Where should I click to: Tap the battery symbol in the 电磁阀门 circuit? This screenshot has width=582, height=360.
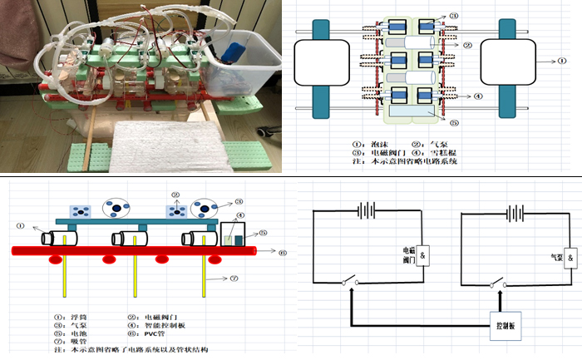point(366,211)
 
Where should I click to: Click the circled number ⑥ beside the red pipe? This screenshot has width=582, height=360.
point(283,253)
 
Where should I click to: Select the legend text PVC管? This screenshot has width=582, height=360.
point(155,334)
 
